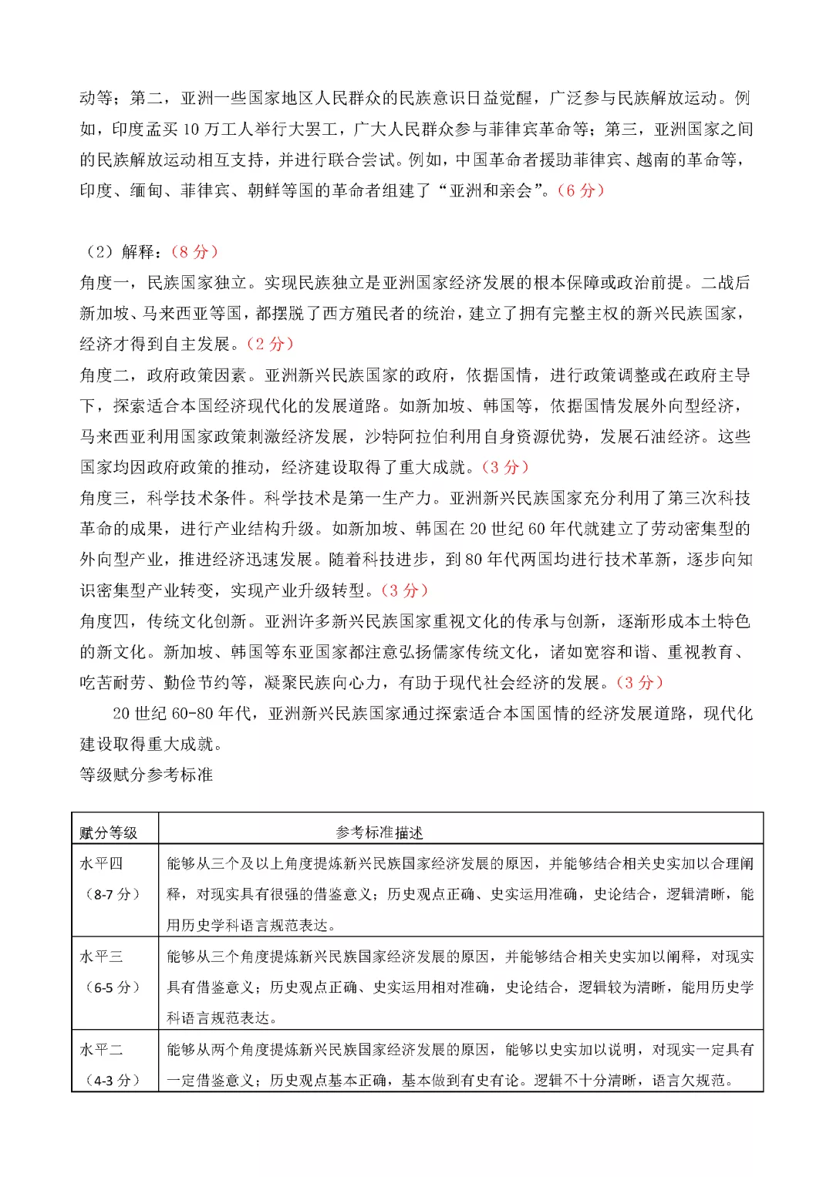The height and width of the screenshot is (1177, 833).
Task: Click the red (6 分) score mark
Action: [580, 190]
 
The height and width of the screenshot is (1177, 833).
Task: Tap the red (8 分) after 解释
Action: [194, 252]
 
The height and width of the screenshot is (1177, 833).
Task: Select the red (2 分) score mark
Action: [270, 344]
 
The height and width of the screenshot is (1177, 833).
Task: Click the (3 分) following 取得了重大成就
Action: [505, 467]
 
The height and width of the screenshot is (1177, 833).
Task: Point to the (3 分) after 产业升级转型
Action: [404, 590]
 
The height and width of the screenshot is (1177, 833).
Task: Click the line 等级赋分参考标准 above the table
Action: [147, 775]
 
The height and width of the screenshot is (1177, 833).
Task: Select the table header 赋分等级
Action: [109, 832]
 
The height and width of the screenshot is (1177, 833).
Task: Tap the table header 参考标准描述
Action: [379, 832]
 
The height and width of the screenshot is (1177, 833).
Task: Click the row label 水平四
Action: [101, 864]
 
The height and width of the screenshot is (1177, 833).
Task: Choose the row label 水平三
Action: [101, 957]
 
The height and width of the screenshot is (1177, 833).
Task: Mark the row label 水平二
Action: [101, 1050]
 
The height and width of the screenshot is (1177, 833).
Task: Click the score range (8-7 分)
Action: [113, 895]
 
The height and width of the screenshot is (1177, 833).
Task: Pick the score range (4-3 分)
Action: [113, 1081]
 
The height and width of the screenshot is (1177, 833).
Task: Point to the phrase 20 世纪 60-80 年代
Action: [181, 714]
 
